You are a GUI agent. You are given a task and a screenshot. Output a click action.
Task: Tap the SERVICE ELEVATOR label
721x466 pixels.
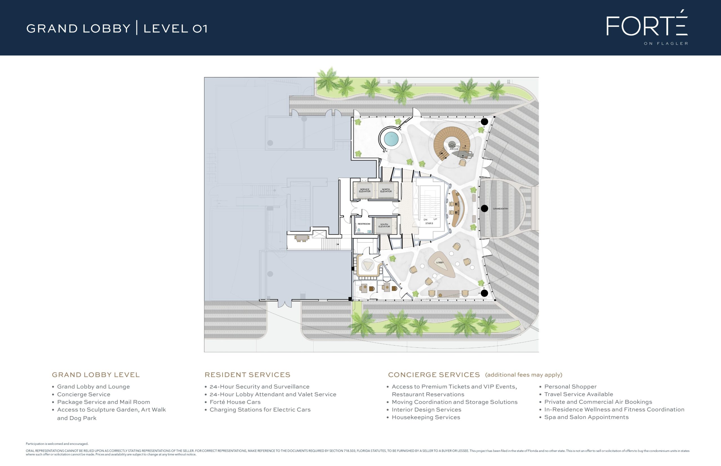[x=365, y=190]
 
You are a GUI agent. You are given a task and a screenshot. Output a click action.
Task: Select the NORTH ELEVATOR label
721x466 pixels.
[x=386, y=190]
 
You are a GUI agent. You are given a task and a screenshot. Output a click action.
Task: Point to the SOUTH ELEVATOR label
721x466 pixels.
[x=384, y=225]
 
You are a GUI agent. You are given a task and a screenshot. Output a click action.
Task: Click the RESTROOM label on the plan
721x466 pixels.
[x=364, y=224]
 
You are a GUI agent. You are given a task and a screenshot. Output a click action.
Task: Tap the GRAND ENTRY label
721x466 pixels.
[x=500, y=209]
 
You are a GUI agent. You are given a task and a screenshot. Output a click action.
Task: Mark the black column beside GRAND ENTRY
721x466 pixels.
[x=484, y=208]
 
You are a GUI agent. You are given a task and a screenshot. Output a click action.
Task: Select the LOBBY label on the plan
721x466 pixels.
[x=440, y=262]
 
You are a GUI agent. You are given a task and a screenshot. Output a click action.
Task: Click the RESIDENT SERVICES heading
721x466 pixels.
[x=247, y=375]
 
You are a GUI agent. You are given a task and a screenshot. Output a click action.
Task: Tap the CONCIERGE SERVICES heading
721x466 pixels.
[x=434, y=375]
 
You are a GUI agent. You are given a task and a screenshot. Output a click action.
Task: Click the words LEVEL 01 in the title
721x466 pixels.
[x=175, y=28]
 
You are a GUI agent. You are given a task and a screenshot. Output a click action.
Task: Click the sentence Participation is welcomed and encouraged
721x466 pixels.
[x=57, y=443]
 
